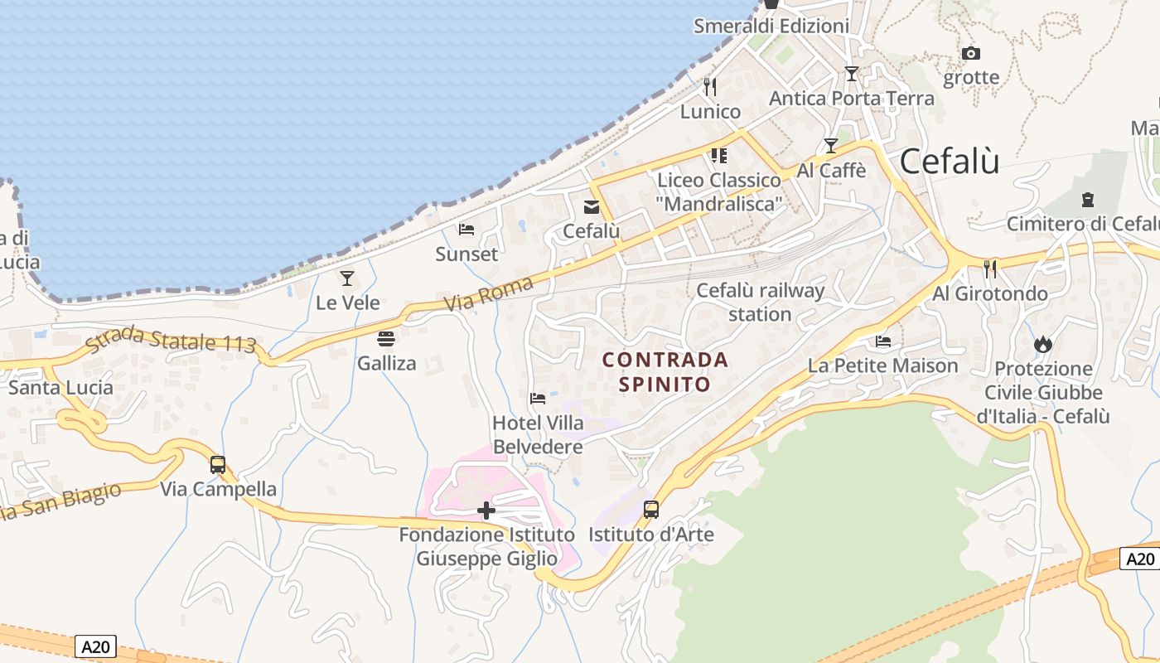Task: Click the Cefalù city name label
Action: [x=949, y=161]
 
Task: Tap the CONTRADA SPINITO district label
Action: [x=665, y=372]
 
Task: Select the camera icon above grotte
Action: [x=971, y=54]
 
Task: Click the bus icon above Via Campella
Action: [x=218, y=465]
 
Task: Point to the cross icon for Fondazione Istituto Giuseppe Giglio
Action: [x=486, y=511]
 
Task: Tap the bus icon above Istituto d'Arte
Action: [x=651, y=510]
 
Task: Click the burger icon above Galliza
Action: [x=386, y=339]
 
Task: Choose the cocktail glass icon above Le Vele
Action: [x=347, y=278]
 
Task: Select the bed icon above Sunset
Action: [x=466, y=230]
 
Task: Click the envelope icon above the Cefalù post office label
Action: [x=592, y=207]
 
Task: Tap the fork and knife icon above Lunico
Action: [x=710, y=86]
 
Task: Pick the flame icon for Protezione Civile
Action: [x=1042, y=344]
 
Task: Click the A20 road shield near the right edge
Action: [x=1140, y=559]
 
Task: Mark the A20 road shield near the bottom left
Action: [x=95, y=646]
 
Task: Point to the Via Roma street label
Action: [x=488, y=293]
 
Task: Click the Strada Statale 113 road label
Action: [x=170, y=340]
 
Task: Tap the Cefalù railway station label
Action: [x=760, y=302]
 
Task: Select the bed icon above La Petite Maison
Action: [x=883, y=341]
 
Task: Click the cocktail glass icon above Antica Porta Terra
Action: [x=851, y=74]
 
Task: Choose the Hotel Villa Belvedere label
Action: [x=538, y=434]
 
